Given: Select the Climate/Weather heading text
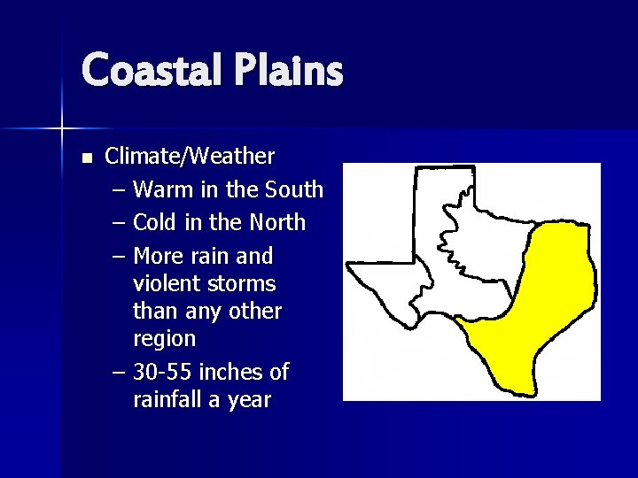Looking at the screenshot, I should pos(190,157).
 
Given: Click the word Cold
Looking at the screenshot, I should pos(156,222).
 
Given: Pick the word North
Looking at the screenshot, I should pos(276,222).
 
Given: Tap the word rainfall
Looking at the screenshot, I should pos(169,399).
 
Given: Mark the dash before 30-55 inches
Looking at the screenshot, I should pos(119,372).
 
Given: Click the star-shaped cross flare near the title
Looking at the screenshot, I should pos(62,129).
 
